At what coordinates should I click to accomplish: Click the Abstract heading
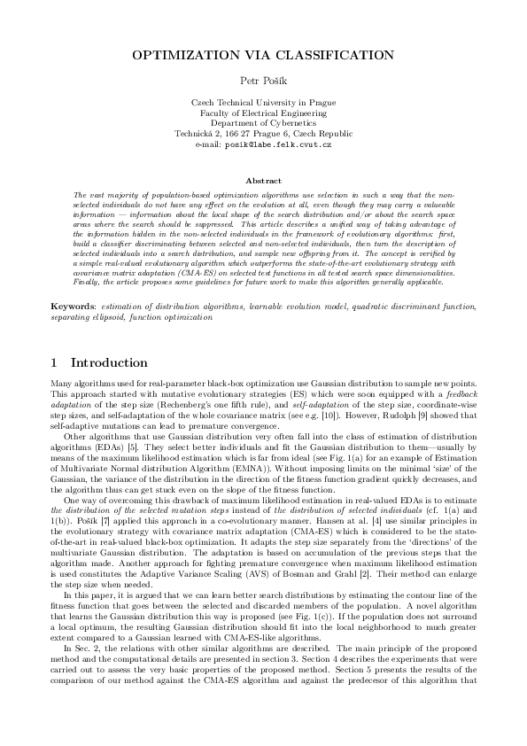tap(263, 181)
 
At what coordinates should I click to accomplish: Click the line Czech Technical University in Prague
tap(263, 103)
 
